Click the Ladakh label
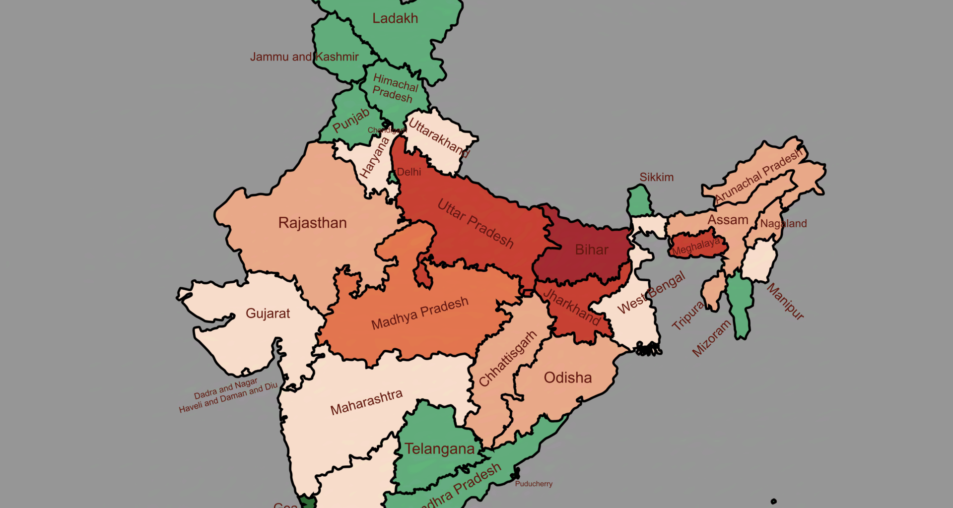click(x=395, y=18)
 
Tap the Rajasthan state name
click(x=312, y=223)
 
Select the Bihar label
click(x=592, y=250)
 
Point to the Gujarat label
click(x=268, y=314)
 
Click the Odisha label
click(x=568, y=378)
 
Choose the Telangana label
click(x=439, y=449)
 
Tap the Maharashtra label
click(x=366, y=402)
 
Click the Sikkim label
click(x=656, y=177)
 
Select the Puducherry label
click(x=534, y=484)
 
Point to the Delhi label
click(x=409, y=172)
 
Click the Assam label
click(x=728, y=220)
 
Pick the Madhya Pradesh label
click(x=420, y=314)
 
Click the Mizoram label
click(x=712, y=338)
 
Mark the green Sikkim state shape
click(x=639, y=201)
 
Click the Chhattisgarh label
click(x=508, y=358)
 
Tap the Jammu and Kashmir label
click(x=304, y=57)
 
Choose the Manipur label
click(x=785, y=301)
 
